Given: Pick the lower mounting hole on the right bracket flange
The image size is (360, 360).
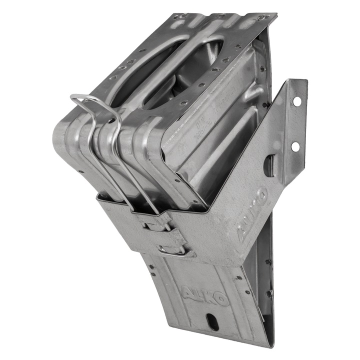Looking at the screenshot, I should point(294,146).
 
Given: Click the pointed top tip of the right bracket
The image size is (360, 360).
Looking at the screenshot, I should point(304,80).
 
